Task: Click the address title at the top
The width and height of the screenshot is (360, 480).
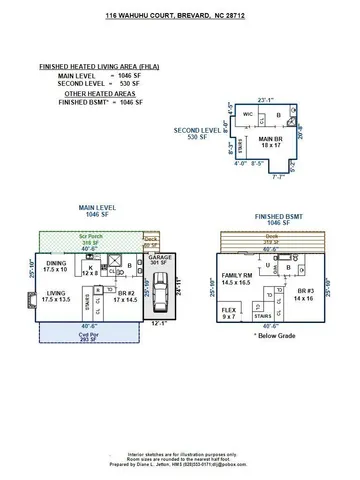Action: tap(181, 17)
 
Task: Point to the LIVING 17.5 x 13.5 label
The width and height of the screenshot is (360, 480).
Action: tap(57, 296)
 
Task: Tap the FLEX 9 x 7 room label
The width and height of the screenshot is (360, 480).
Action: tap(228, 313)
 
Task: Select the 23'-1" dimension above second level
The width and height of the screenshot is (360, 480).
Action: tap(264, 99)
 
